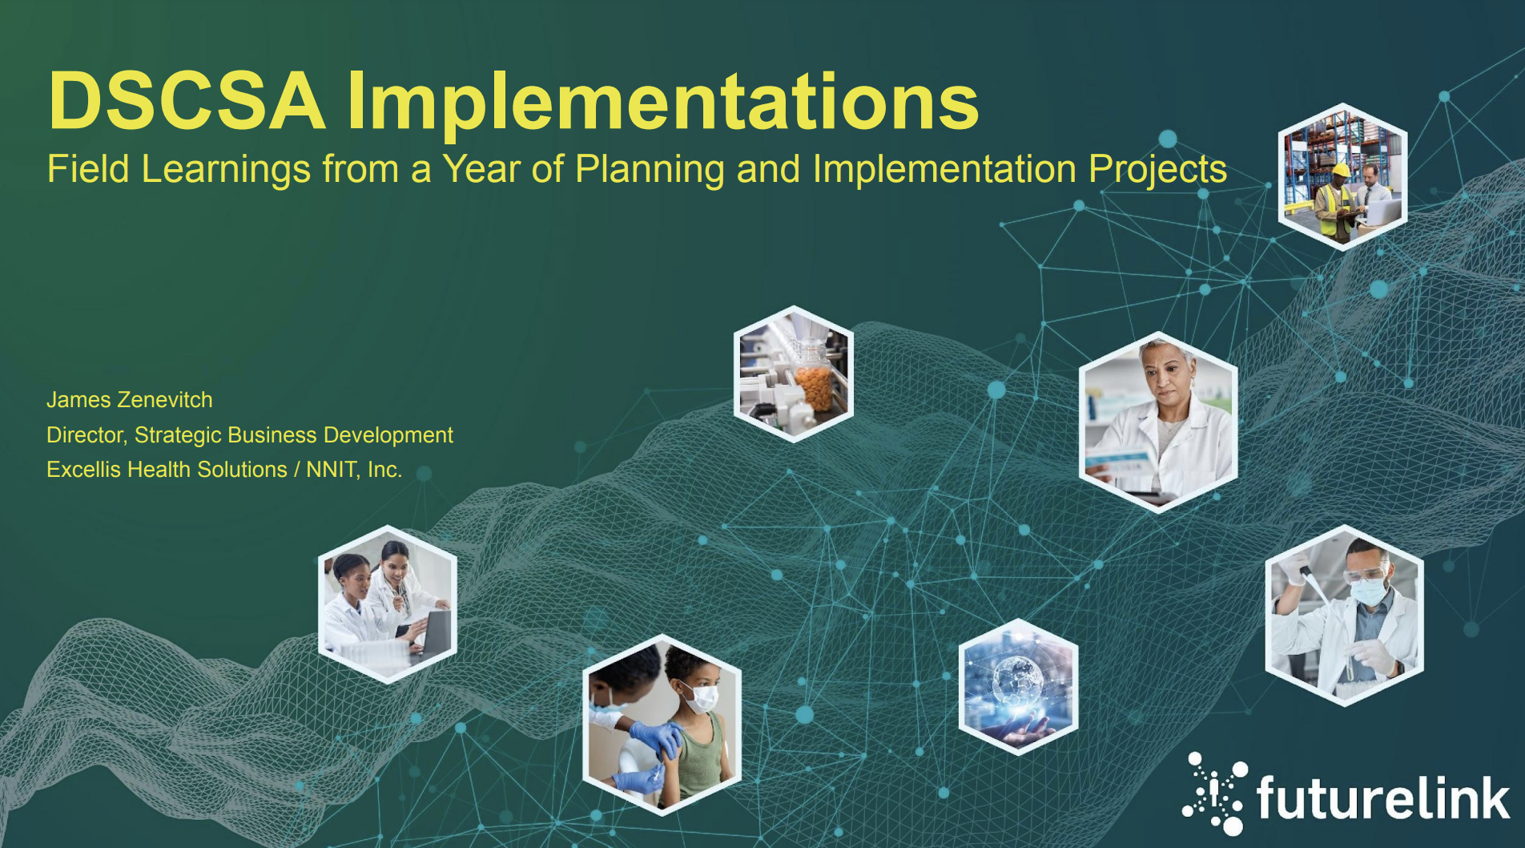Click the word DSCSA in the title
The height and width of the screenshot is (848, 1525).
[x=187, y=101]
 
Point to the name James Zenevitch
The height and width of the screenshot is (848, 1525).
[x=130, y=400]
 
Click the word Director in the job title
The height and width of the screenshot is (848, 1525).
[x=86, y=435]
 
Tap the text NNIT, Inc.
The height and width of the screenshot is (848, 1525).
[x=354, y=470]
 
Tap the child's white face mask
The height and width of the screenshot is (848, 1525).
[x=701, y=697]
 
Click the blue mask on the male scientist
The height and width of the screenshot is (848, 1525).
[x=1368, y=592]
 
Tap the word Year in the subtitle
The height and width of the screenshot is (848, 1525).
[x=481, y=169]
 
